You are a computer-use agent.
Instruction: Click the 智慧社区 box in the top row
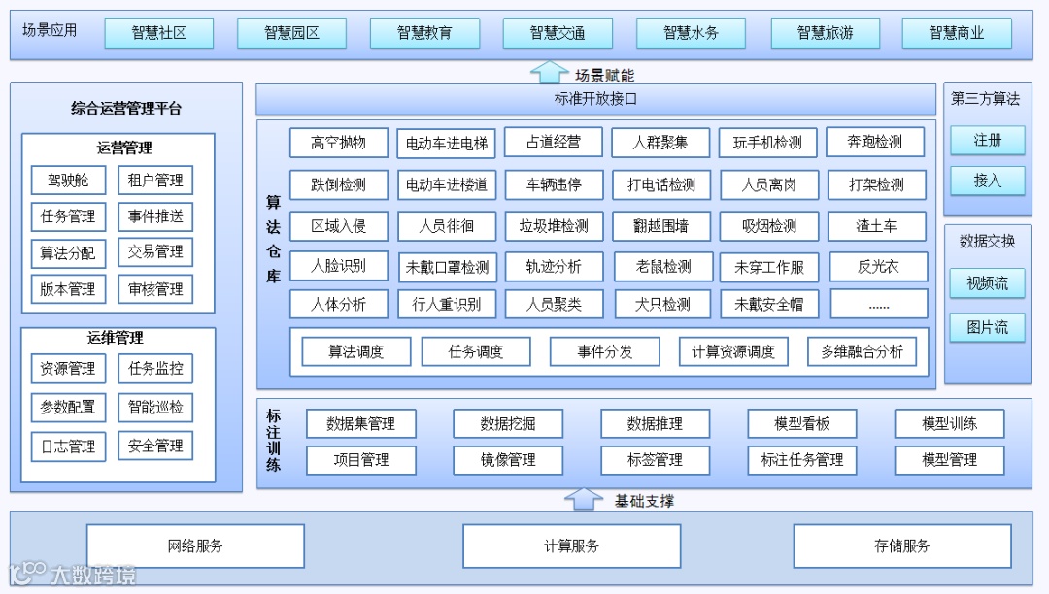click(x=158, y=33)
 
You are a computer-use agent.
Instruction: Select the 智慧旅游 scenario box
click(x=825, y=33)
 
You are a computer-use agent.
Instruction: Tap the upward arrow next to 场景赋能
click(x=550, y=74)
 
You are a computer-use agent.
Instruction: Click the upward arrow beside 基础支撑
click(x=584, y=500)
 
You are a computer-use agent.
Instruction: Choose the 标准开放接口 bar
click(x=595, y=99)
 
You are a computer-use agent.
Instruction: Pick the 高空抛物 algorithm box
click(x=338, y=143)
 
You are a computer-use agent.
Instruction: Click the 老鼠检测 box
click(x=663, y=266)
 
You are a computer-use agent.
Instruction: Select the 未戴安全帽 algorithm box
click(x=769, y=304)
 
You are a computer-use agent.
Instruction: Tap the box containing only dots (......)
click(x=878, y=304)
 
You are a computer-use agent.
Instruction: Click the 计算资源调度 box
click(x=733, y=351)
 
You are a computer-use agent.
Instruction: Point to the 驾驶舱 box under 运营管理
click(x=67, y=181)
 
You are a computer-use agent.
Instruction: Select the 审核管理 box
click(x=155, y=289)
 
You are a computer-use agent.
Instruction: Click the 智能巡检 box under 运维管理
click(x=155, y=407)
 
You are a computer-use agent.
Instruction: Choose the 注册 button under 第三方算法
click(x=987, y=141)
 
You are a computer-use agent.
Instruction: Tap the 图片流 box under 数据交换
click(x=987, y=327)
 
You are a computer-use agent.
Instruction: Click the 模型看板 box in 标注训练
click(x=801, y=423)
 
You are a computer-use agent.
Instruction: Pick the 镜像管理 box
click(x=508, y=460)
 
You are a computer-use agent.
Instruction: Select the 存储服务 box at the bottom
click(x=901, y=545)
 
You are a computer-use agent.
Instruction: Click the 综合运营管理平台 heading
click(x=126, y=109)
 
